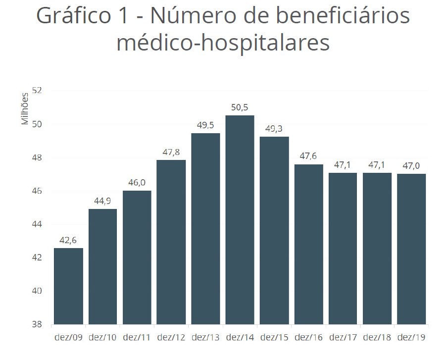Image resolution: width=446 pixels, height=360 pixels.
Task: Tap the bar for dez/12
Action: [x=171, y=242]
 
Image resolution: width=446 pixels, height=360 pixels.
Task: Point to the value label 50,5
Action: [x=240, y=107]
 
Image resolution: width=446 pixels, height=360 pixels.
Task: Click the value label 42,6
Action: [x=68, y=240]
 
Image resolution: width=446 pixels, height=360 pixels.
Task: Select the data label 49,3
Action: [x=274, y=129]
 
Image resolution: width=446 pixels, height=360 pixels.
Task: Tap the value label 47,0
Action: [x=411, y=166]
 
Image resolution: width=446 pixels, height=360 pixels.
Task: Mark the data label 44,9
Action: [x=102, y=201]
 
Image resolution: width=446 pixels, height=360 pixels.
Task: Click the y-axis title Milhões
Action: [x=25, y=109]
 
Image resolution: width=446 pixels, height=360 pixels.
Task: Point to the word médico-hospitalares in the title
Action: [x=223, y=44]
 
